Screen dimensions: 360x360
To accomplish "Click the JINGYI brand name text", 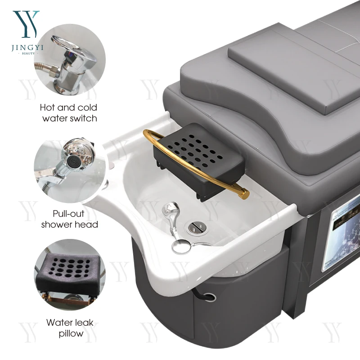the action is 27,48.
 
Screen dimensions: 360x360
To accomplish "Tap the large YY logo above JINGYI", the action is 26,24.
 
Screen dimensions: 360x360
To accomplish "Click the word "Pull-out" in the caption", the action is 68,213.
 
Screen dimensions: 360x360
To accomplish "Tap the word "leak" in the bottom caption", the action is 83,322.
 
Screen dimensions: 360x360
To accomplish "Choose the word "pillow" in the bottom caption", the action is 71,333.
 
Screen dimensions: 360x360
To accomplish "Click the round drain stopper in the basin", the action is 197,227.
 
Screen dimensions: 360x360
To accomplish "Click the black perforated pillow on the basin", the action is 199,161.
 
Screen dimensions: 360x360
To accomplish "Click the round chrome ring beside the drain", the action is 181,246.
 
